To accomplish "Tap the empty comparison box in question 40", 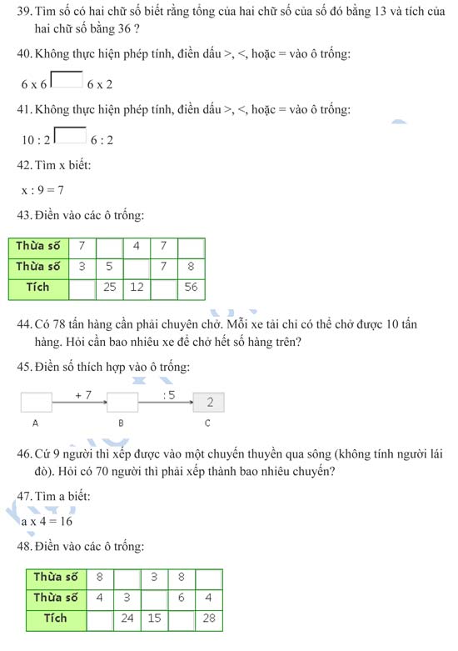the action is [x=67, y=81].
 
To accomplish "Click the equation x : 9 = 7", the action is [x=43, y=190].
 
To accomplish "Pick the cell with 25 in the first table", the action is [x=109, y=288].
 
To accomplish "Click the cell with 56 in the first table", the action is [x=191, y=288].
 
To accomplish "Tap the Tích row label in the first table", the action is [x=38, y=288].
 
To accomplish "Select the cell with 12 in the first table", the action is [x=137, y=288].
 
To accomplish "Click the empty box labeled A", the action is [x=36, y=403].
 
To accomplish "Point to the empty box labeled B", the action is [x=122, y=403].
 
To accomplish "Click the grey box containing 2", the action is [x=210, y=403].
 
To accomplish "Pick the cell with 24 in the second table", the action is [x=127, y=619].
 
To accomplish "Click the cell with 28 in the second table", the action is [x=208, y=619].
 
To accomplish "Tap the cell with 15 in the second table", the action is [x=154, y=619].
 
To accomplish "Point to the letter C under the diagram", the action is [x=207, y=423].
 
